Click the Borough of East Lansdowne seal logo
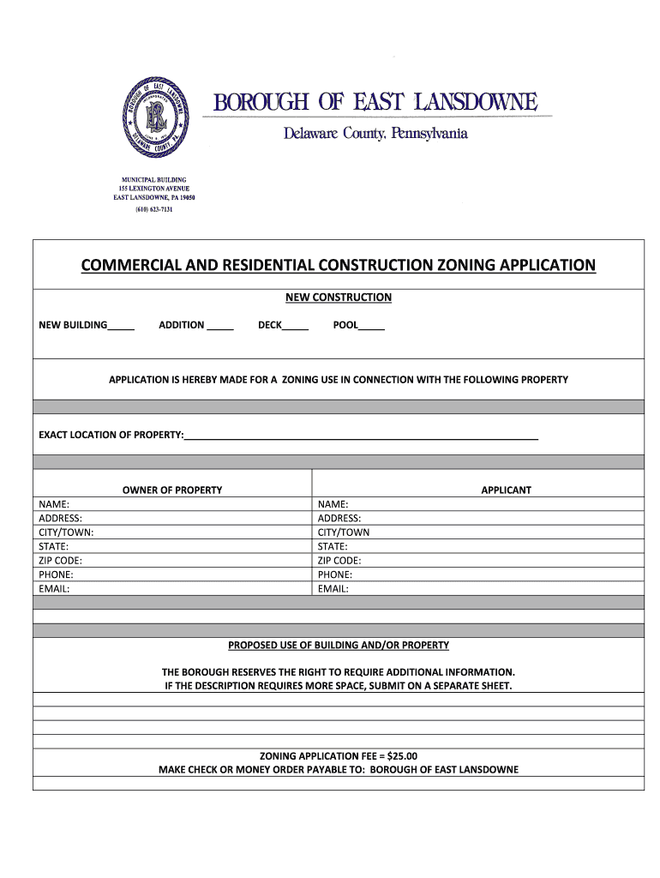point(155,117)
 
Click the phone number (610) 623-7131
point(154,209)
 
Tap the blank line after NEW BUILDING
point(121,327)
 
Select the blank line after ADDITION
point(220,327)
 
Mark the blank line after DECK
point(295,327)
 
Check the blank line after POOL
point(371,327)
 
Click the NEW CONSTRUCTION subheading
point(338,298)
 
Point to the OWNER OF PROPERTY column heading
point(172,490)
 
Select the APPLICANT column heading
point(506,490)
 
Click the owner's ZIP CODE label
point(61,561)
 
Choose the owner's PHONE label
point(56,574)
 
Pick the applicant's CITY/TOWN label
point(344,532)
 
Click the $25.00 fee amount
point(402,756)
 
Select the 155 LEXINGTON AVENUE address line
point(154,189)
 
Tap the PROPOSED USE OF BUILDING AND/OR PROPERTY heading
point(338,645)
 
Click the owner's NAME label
point(54,505)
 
